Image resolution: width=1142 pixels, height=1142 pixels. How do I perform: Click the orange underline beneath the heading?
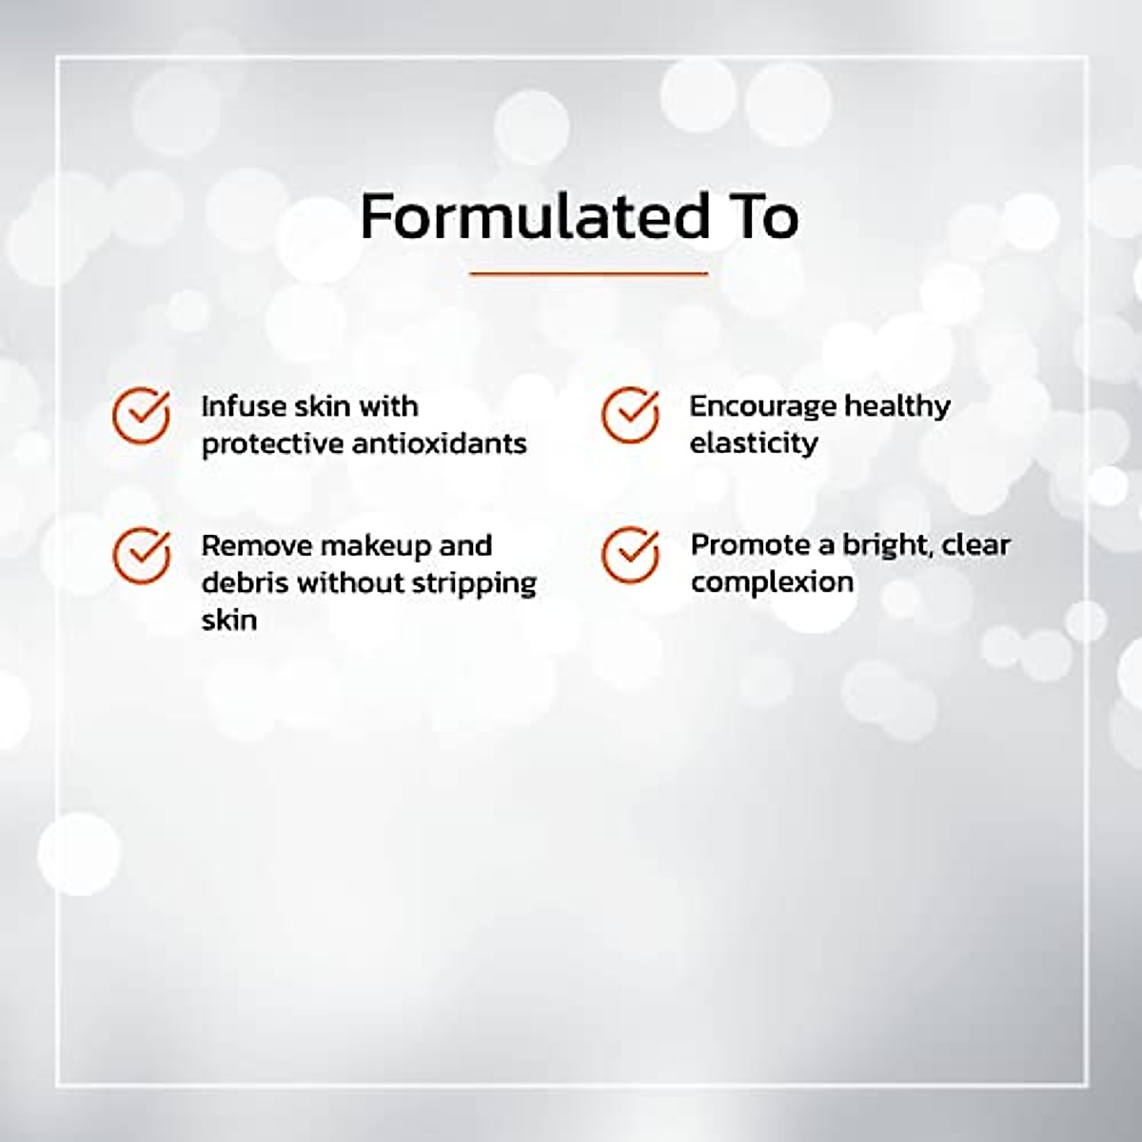pyautogui.click(x=589, y=274)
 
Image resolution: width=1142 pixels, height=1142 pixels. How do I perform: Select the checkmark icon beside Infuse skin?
pyautogui.click(x=141, y=415)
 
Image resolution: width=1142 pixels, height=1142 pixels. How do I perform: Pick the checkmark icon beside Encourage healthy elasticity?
pyautogui.click(x=630, y=415)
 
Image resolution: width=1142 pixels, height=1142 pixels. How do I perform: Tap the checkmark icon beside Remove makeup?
pyautogui.click(x=141, y=555)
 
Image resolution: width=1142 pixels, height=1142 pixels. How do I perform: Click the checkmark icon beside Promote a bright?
pyautogui.click(x=630, y=555)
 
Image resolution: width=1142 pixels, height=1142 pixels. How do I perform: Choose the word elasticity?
pyautogui.click(x=753, y=443)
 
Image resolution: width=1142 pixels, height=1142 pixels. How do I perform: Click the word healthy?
pyautogui.click(x=897, y=406)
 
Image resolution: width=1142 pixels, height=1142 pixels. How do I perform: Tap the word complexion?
pyautogui.click(x=772, y=582)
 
